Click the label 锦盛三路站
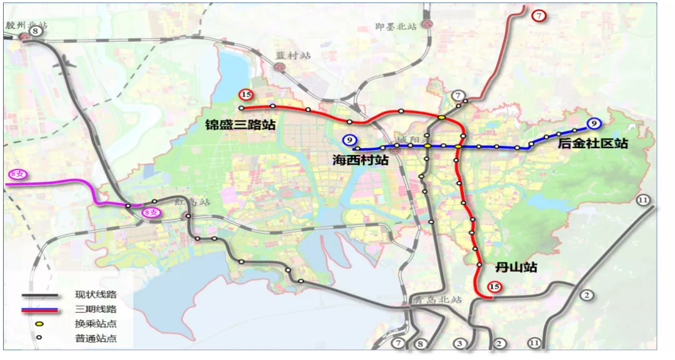(241, 125)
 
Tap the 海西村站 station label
(360, 161)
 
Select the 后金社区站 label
(593, 144)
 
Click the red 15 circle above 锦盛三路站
(246, 95)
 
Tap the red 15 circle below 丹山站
(495, 287)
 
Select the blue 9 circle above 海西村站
(349, 140)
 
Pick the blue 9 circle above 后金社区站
(594, 123)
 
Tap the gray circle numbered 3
(460, 343)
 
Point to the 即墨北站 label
(396, 27)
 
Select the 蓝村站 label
(293, 56)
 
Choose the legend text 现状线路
(96, 294)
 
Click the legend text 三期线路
(96, 309)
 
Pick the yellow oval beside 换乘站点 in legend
(39, 324)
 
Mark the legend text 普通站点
(96, 339)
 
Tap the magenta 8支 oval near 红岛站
(151, 212)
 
